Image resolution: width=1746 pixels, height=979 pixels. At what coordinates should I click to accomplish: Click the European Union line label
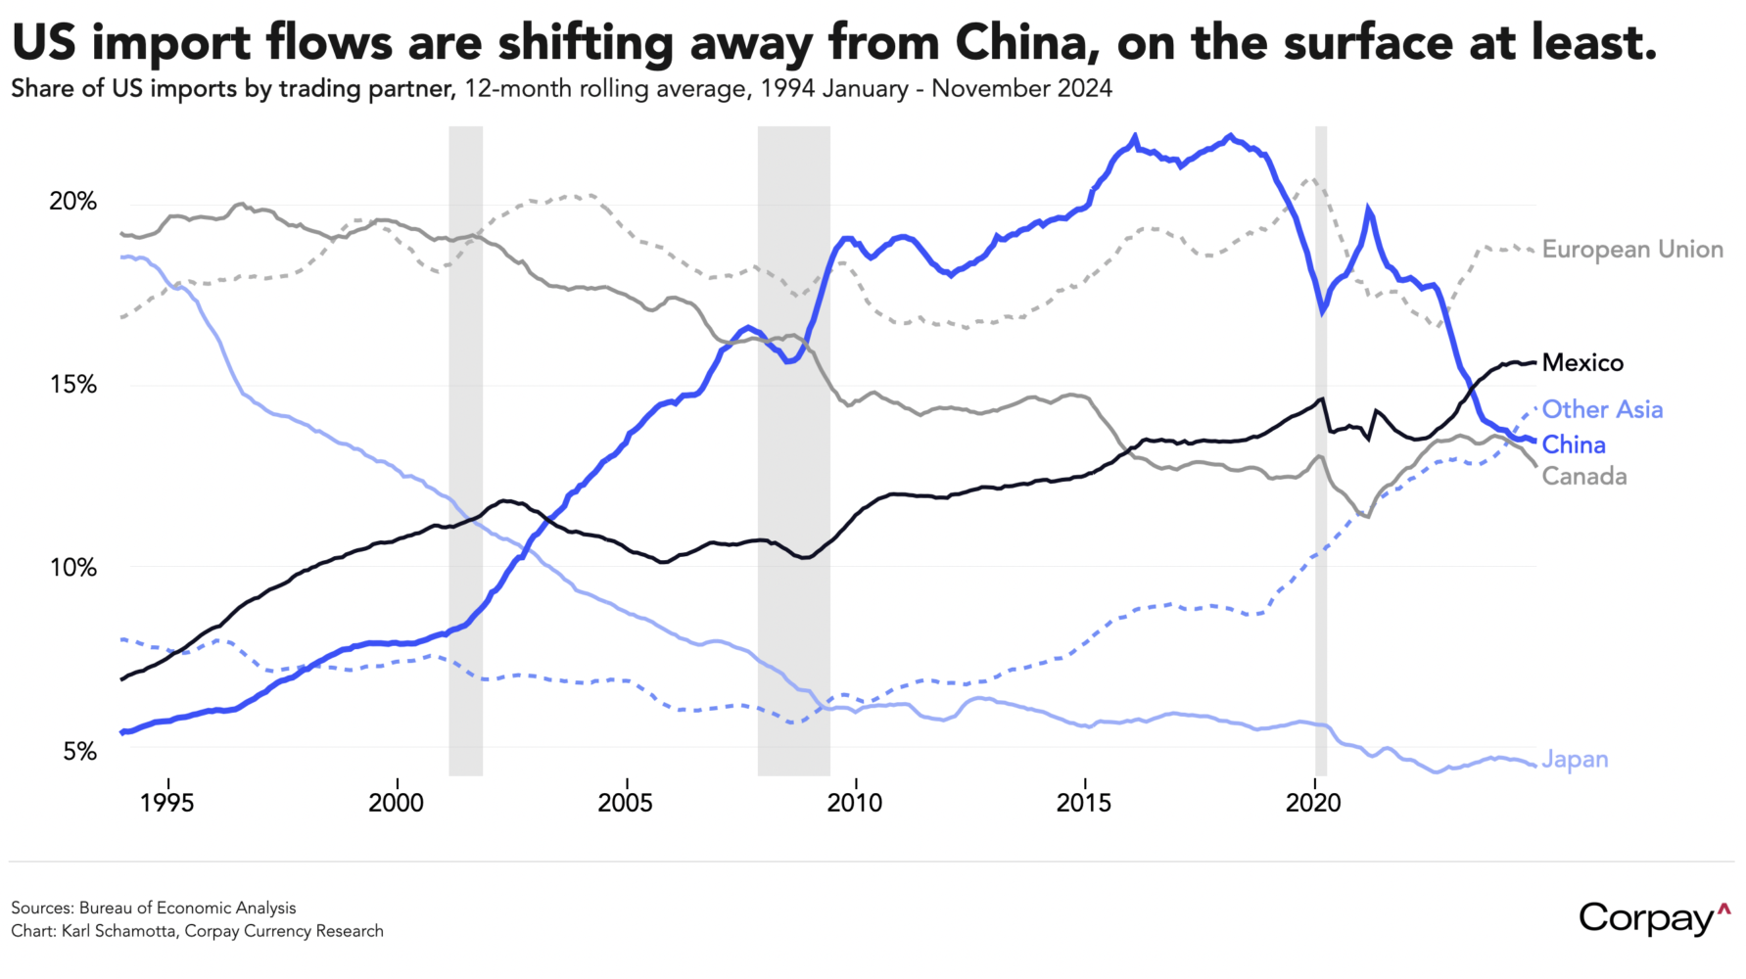pyautogui.click(x=1631, y=250)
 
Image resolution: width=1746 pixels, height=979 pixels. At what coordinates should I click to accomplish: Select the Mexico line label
pyautogui.click(x=1581, y=363)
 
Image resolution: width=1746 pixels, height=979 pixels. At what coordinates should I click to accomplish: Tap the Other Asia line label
pyautogui.click(x=1602, y=409)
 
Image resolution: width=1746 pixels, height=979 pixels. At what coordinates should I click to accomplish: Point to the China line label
pyautogui.click(x=1573, y=444)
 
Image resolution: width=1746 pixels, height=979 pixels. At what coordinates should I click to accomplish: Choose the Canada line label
pyautogui.click(x=1583, y=477)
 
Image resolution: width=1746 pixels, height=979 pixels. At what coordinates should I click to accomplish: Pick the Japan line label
pyautogui.click(x=1575, y=760)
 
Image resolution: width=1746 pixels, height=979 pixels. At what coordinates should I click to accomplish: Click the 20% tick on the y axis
pyautogui.click(x=73, y=202)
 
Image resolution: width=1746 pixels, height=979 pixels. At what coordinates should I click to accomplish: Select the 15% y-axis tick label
pyautogui.click(x=73, y=385)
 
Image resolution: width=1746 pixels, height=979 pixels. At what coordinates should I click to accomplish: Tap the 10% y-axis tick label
pyautogui.click(x=73, y=568)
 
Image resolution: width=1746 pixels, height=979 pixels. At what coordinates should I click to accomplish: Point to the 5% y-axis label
pyautogui.click(x=80, y=752)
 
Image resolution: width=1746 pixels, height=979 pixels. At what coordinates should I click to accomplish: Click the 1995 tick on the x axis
pyautogui.click(x=167, y=804)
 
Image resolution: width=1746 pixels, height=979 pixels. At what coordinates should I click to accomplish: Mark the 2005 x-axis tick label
pyautogui.click(x=626, y=804)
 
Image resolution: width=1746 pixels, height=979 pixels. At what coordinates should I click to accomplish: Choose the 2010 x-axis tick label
pyautogui.click(x=855, y=804)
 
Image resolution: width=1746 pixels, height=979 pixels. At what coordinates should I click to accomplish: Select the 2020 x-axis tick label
pyautogui.click(x=1313, y=804)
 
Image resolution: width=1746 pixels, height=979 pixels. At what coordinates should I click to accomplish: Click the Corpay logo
pyautogui.click(x=1654, y=917)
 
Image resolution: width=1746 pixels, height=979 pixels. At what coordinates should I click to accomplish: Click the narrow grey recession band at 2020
pyautogui.click(x=1320, y=450)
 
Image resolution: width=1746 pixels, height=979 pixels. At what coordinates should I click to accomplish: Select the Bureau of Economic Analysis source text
pyautogui.click(x=187, y=908)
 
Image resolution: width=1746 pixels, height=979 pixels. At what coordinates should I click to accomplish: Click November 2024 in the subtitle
pyautogui.click(x=1021, y=89)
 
